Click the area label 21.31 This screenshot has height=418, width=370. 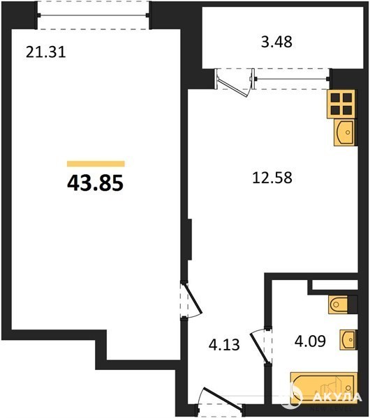45,52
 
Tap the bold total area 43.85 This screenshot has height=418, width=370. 96,183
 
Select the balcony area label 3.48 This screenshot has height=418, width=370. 276,42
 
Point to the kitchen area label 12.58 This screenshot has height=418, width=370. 272,178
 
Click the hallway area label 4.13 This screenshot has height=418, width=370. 224,345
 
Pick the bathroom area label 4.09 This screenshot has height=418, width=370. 310,341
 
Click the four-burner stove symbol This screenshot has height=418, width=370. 341,104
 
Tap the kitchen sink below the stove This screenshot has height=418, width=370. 345,132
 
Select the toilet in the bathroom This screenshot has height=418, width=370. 339,304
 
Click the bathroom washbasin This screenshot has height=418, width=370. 348,340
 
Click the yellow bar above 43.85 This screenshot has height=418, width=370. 96,164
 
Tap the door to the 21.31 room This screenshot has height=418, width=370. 191,300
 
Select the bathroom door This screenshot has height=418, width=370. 260,346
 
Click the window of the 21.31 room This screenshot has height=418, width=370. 93,15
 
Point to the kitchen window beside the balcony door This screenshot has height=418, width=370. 292,79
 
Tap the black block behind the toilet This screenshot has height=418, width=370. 353,304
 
